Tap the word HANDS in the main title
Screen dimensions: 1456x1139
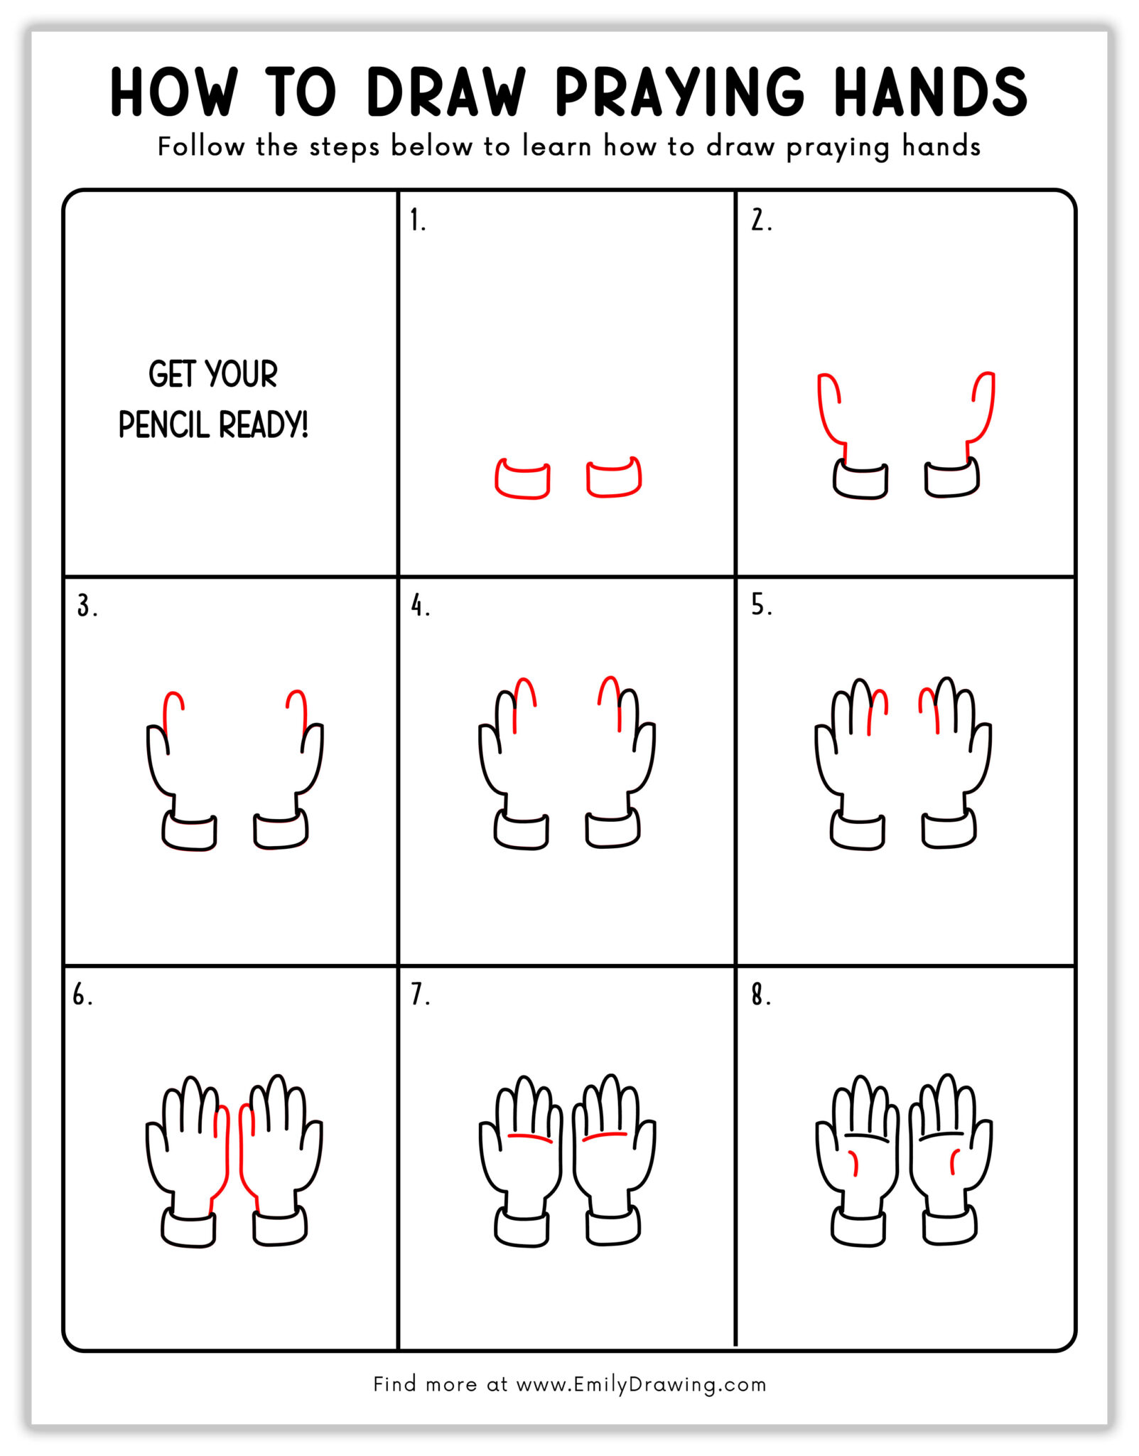click(x=930, y=92)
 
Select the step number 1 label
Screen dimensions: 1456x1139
click(x=417, y=220)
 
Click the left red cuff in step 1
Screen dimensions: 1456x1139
click(x=522, y=480)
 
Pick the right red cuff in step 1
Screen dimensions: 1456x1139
click(x=614, y=478)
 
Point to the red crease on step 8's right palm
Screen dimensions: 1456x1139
click(x=954, y=1162)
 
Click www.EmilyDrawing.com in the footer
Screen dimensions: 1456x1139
click(x=641, y=1384)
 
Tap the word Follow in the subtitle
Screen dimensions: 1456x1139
click(x=200, y=146)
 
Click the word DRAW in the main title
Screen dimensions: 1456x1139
click(x=446, y=92)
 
